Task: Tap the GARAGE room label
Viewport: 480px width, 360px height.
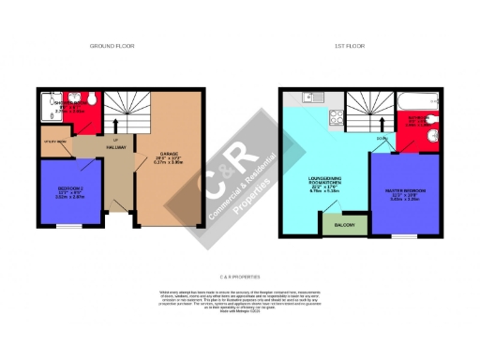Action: (x=171, y=154)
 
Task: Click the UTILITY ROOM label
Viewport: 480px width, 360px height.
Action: (x=54, y=142)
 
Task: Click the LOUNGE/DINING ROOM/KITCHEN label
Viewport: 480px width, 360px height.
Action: (x=329, y=183)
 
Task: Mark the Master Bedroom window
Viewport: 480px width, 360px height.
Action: (x=405, y=234)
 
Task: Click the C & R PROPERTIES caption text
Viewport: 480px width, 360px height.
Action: (x=239, y=277)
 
